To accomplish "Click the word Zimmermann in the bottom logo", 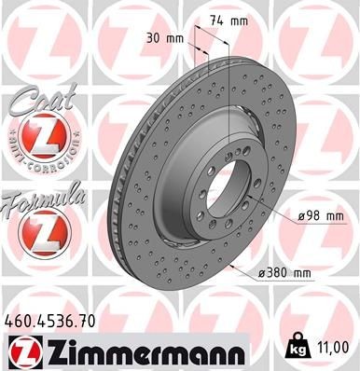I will [x=139, y=353].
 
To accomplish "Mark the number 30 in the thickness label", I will [x=153, y=38].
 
